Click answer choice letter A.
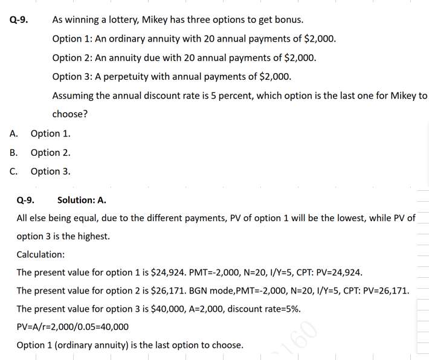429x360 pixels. (x=14, y=133)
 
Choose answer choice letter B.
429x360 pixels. (x=14, y=153)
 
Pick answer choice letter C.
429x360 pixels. (x=14, y=172)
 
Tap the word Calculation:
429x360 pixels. (x=40, y=254)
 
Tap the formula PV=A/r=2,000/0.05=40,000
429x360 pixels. (x=73, y=327)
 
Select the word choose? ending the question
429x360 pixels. (x=69, y=114)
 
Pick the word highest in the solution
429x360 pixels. (x=94, y=236)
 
